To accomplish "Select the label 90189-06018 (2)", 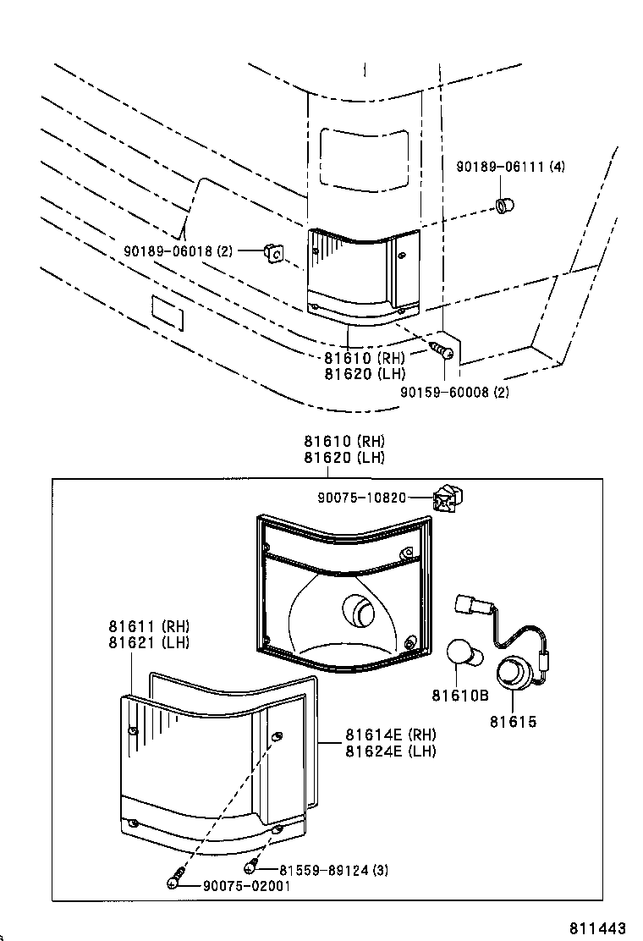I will click(x=178, y=250).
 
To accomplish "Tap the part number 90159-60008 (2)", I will click(x=455, y=392).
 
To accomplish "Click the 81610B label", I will click(x=460, y=696).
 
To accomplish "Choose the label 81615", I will click(x=513, y=722).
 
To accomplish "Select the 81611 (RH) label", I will click(x=149, y=626).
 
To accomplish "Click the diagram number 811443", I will click(x=597, y=927).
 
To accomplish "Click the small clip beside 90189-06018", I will click(x=272, y=251).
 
